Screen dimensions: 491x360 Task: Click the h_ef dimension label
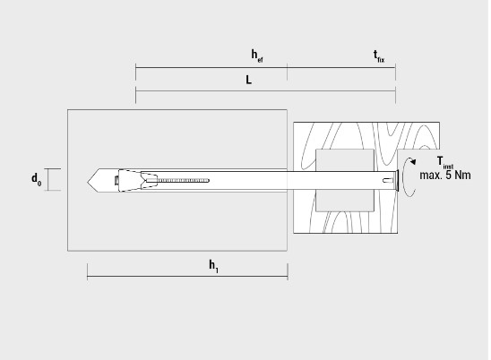257,56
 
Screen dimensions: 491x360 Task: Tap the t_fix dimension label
379,56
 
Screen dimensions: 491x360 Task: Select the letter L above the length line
248,80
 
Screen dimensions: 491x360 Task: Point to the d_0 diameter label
37,179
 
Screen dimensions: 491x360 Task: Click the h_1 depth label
214,266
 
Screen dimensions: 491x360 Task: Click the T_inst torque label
445,163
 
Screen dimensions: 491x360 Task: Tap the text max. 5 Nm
445,175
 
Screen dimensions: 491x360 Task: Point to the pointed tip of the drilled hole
88,181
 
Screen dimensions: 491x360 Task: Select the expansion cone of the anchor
129,181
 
